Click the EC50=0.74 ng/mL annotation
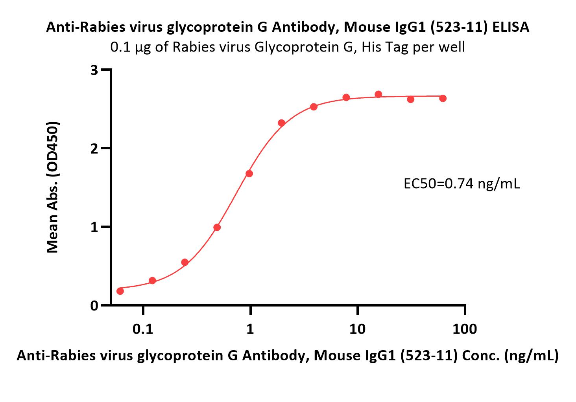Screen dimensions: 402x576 [x=462, y=184]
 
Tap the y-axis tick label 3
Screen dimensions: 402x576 [x=94, y=70]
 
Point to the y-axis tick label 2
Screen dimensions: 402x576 [x=94, y=149]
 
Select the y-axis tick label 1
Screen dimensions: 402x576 [x=94, y=227]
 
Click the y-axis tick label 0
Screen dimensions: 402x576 [x=94, y=306]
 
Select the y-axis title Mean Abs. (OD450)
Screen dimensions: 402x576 [x=53, y=187]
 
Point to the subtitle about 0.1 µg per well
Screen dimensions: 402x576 [x=288, y=47]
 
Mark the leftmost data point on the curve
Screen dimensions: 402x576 [x=120, y=291]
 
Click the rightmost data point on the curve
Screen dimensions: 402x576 [x=443, y=98]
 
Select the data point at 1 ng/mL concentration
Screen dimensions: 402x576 [x=249, y=173]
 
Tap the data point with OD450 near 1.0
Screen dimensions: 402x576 [x=217, y=227]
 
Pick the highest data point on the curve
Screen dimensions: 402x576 [x=378, y=94]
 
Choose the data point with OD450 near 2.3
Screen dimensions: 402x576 [x=281, y=123]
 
